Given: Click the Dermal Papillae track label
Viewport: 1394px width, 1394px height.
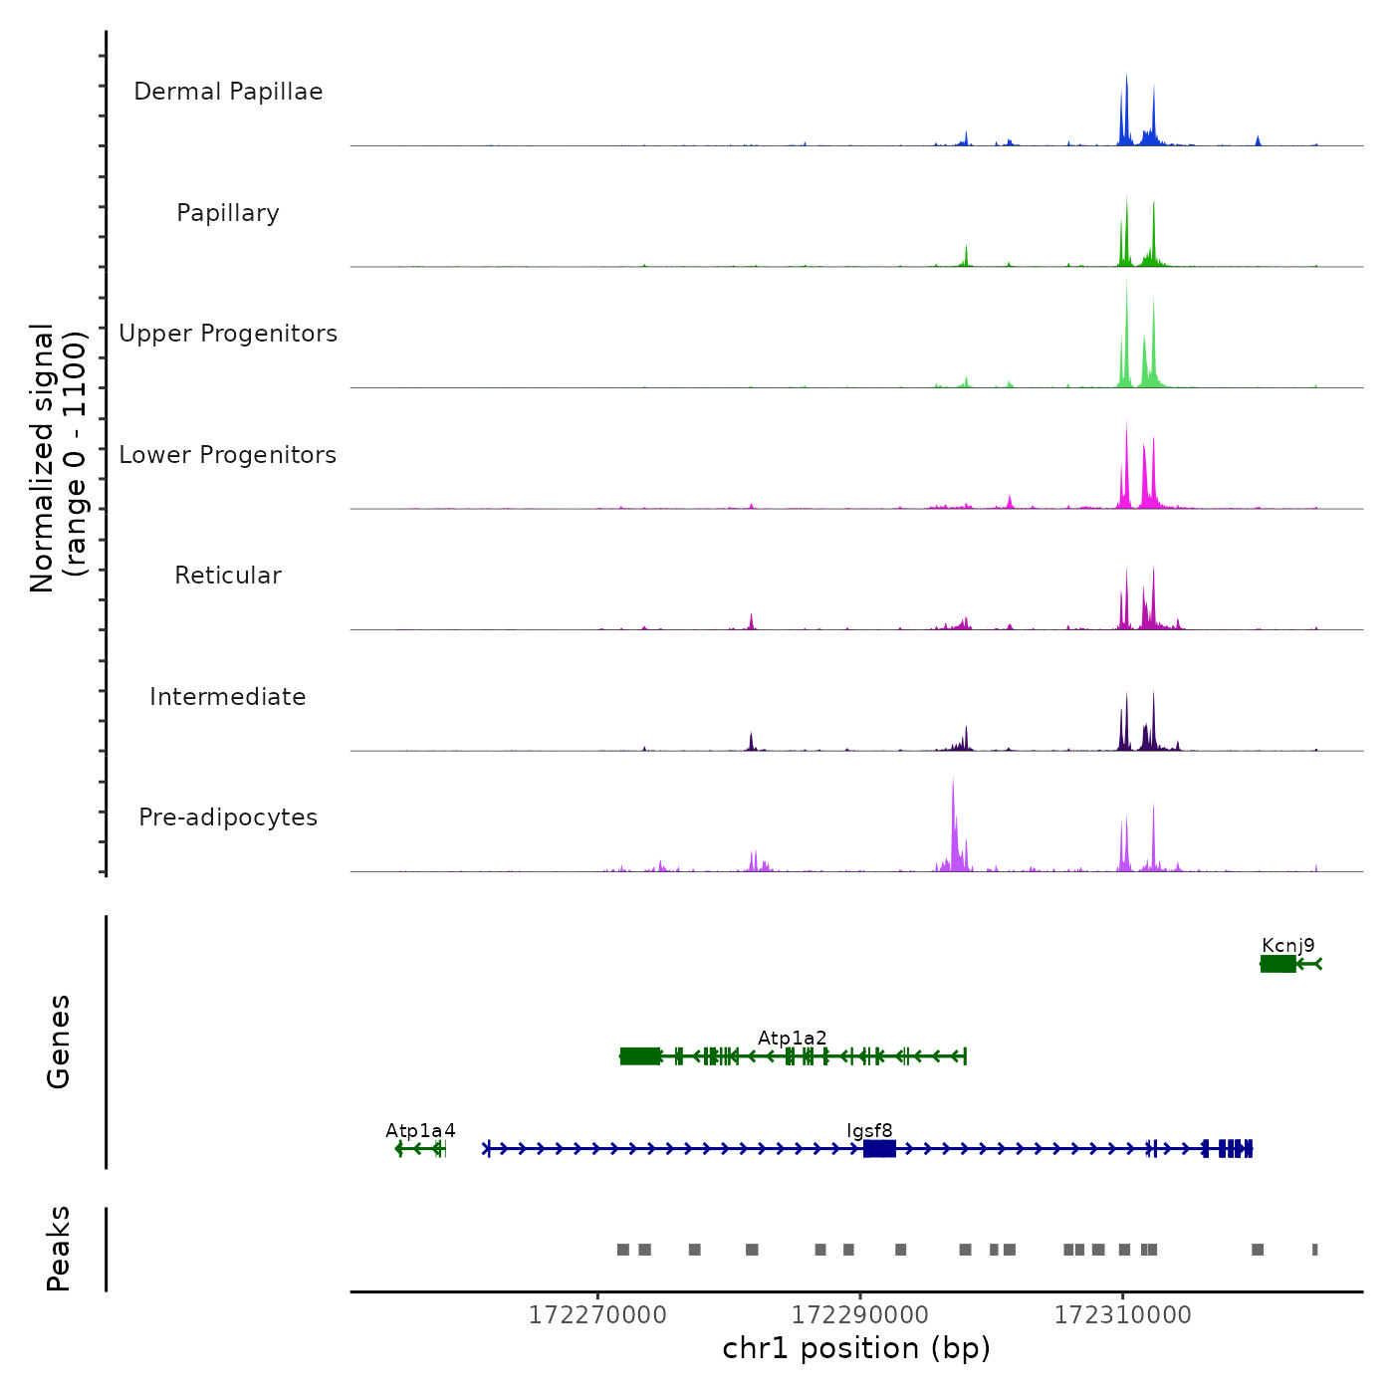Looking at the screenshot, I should click(228, 92).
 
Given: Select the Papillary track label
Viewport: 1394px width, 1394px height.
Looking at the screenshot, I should click(228, 213).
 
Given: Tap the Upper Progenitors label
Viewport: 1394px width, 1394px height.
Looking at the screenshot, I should click(228, 334).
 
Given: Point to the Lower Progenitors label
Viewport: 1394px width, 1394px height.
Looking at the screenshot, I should click(228, 455).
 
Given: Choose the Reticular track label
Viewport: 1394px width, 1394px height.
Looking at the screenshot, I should click(228, 576).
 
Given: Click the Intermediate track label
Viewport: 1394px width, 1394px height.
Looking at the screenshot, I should click(228, 697).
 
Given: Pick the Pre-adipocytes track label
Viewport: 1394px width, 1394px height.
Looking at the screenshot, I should click(228, 817).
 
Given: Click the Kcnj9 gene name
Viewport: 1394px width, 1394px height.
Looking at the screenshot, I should click(1287, 946).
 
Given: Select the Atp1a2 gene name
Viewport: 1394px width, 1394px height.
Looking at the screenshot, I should click(792, 1039).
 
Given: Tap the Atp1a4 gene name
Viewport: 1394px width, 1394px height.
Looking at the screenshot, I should click(420, 1131).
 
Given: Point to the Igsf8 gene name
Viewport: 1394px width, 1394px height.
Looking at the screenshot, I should click(869, 1131).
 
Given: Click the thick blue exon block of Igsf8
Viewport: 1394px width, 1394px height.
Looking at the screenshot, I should click(879, 1149).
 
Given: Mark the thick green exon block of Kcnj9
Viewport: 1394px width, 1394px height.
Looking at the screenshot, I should click(1278, 964).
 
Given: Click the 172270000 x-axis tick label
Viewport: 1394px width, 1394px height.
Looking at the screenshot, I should click(597, 1315).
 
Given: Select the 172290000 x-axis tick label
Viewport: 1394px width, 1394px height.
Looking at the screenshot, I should click(860, 1315).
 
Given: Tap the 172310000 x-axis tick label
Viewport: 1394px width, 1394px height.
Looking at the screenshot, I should click(1123, 1315).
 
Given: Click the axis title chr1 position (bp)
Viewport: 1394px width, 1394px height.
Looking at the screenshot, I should click(856, 1349).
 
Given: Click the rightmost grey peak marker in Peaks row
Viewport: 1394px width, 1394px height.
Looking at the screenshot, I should click(1314, 1250).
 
